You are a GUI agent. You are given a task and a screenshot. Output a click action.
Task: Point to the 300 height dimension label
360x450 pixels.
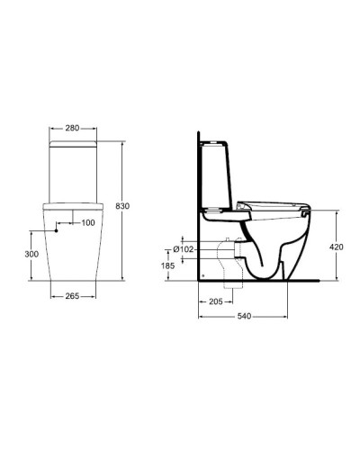pyautogui.click(x=31, y=256)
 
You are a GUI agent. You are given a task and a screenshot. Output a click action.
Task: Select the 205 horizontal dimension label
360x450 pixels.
pyautogui.click(x=215, y=302)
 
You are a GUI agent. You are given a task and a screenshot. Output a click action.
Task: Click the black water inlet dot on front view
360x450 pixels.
pyautogui.click(x=57, y=230)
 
